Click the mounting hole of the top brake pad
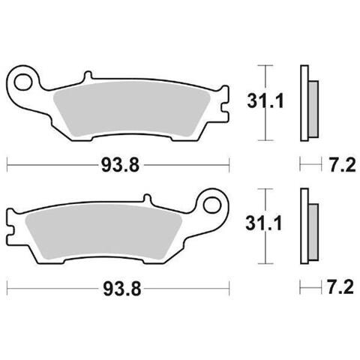[23, 82]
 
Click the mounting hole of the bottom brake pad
[212, 205]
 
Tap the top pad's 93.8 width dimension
[120, 166]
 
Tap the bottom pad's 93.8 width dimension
[122, 289]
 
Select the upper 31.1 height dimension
[265, 101]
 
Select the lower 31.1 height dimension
[264, 223]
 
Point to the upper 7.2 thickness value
[342, 165]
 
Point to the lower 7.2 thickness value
[340, 287]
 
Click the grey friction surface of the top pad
[132, 109]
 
